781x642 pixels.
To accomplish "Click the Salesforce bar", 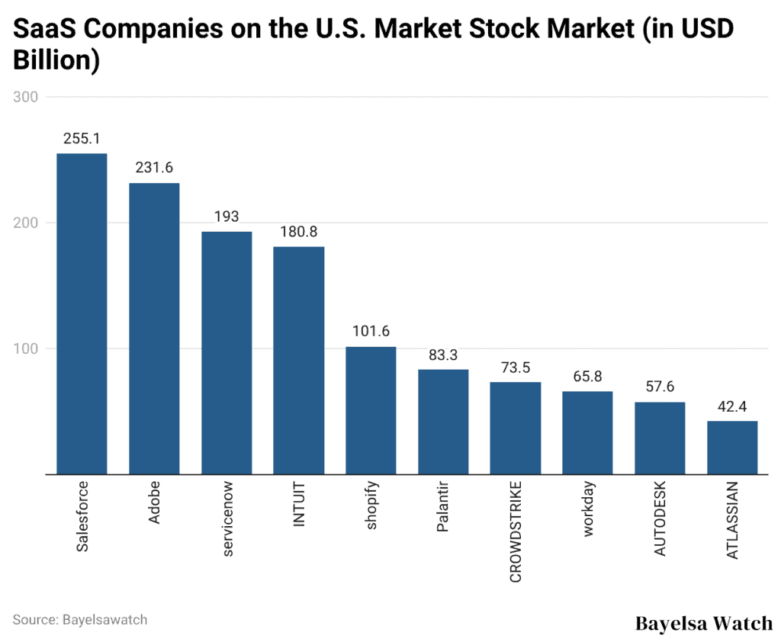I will [82, 314].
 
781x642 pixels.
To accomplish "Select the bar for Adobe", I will [154, 329].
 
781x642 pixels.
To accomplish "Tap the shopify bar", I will [371, 410].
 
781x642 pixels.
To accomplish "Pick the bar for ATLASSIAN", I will [732, 448].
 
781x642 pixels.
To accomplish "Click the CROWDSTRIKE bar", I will [515, 428].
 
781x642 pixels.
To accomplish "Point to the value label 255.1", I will [82, 139].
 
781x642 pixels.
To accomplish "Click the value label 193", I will [227, 217].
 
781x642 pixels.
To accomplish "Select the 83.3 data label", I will [443, 355].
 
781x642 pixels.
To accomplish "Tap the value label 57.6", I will [660, 387].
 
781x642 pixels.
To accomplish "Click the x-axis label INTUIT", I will [299, 504].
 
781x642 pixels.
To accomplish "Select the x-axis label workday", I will [588, 510].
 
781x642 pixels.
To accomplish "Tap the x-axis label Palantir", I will [443, 507].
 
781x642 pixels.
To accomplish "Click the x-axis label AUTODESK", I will [660, 518].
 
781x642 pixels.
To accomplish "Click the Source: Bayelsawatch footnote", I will [80, 619].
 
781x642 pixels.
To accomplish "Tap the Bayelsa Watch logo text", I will [703, 624].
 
